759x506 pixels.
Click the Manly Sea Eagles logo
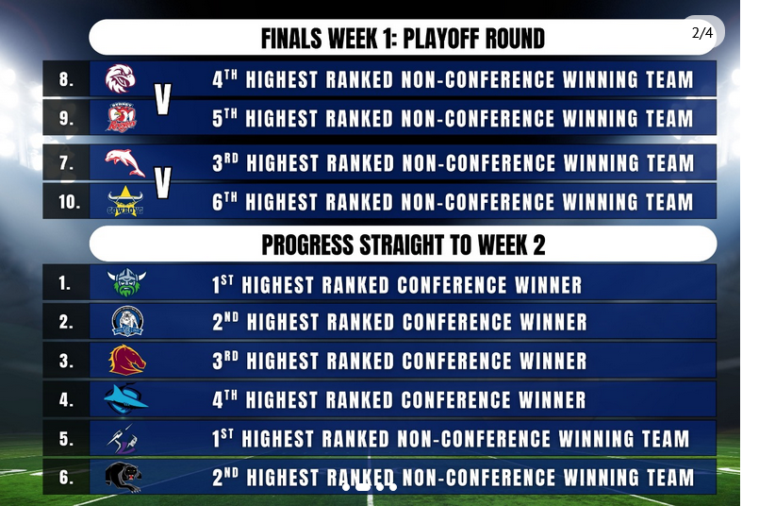pos(121,79)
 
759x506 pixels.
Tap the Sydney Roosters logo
pos(122,117)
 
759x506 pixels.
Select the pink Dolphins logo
pos(124,163)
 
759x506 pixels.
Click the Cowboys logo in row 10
pos(125,201)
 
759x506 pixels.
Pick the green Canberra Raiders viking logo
pos(126,282)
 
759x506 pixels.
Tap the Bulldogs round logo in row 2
pos(127,321)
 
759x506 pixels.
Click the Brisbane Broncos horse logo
pos(127,360)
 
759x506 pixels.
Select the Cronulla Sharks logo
pos(125,399)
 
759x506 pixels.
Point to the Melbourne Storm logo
pos(123,439)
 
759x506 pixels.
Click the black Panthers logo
pos(124,478)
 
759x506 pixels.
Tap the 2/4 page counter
pos(702,32)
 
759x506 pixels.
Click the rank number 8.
pos(66,79)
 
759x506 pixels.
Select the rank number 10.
pos(69,202)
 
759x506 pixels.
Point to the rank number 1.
pos(65,282)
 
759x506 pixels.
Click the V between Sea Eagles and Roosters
pos(163,99)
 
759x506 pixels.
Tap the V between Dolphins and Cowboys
pos(163,183)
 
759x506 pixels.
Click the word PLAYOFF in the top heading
pos(440,39)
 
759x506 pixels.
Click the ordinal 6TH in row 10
pos(224,202)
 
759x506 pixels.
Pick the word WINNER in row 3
pos(553,361)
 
